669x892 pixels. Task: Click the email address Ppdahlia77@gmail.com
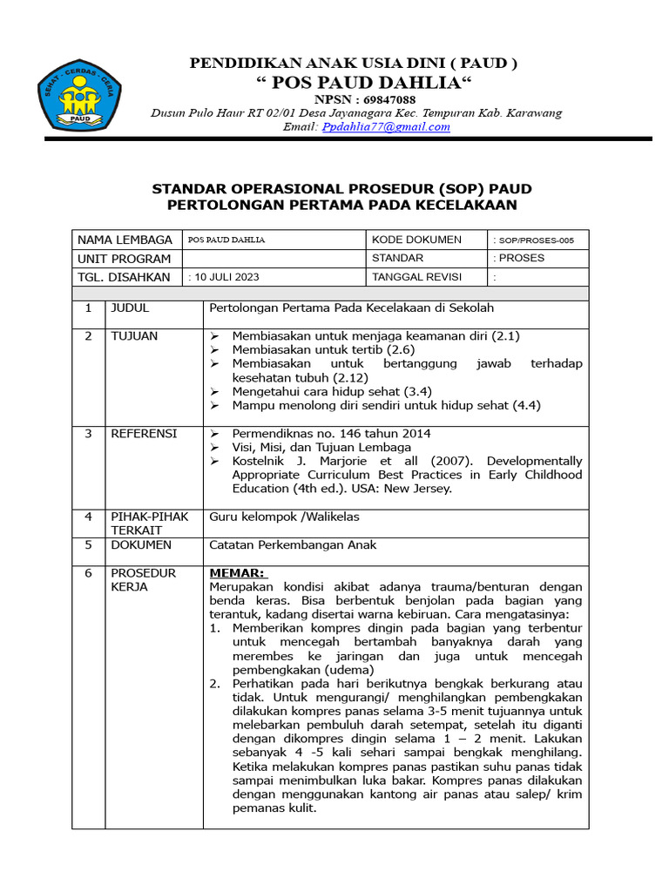click(386, 126)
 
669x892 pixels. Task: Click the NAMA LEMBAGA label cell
click(125, 240)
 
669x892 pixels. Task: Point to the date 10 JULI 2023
click(224, 277)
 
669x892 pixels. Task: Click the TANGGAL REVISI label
click(416, 277)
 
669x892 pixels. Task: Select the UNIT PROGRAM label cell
click(124, 259)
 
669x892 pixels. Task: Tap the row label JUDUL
click(129, 308)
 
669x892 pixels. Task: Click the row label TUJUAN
click(133, 336)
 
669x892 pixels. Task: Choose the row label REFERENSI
click(143, 434)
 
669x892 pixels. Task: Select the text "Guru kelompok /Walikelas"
click(284, 517)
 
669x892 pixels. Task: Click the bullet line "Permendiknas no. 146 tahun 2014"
click(331, 434)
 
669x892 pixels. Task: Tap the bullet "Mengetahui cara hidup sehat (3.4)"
click(332, 392)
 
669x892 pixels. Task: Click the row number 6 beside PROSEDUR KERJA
click(88, 573)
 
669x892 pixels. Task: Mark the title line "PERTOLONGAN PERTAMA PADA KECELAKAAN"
click(341, 206)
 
